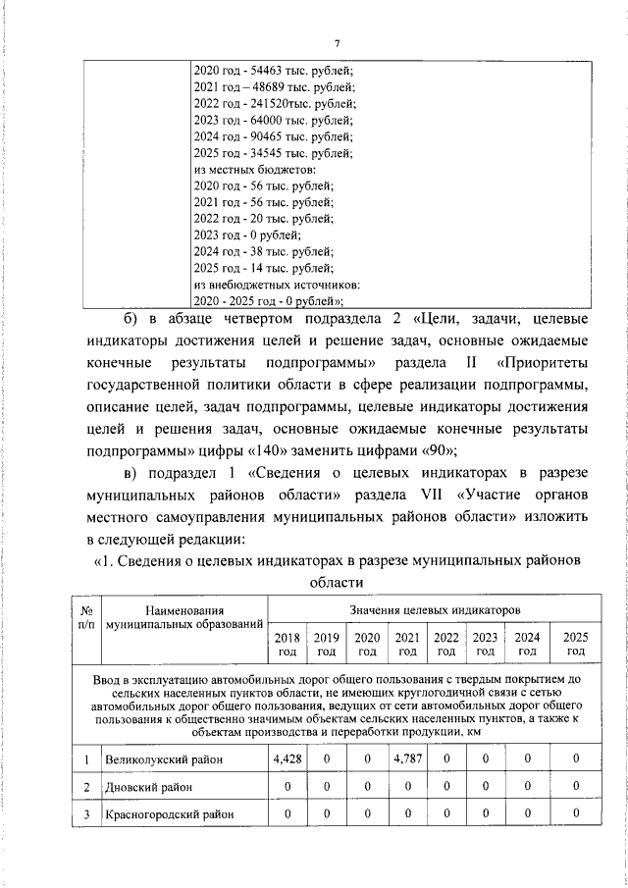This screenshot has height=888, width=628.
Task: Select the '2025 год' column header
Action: coord(575,645)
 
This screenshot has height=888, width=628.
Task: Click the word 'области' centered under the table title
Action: coord(337,583)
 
